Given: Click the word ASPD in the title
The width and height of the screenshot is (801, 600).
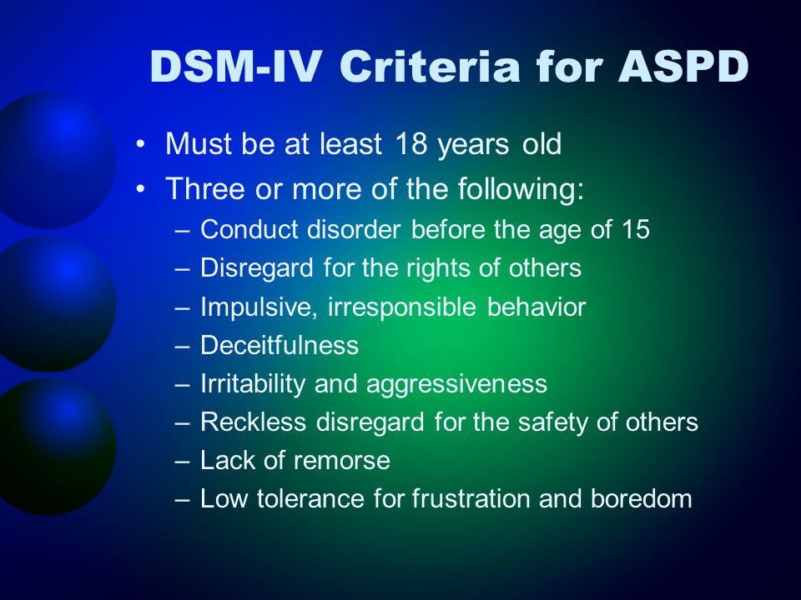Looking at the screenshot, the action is [x=683, y=67].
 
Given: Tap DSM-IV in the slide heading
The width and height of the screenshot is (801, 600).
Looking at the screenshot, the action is [x=236, y=67].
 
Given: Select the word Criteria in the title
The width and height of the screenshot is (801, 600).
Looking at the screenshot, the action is [x=430, y=67].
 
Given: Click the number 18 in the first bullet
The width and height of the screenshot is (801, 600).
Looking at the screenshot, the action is [x=411, y=144].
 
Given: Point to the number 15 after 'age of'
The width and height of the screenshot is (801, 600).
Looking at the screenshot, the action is [x=636, y=229].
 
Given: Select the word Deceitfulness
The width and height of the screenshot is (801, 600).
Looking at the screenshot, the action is [x=280, y=345].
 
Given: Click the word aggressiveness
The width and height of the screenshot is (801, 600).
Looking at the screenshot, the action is [x=456, y=384].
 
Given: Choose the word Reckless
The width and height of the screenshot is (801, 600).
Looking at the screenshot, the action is [x=254, y=422].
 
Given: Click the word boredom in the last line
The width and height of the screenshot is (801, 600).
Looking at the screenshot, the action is [x=642, y=498].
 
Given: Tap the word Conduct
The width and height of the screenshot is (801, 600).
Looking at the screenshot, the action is [x=249, y=229].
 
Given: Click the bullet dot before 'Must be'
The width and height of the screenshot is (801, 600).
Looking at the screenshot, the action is [x=141, y=144].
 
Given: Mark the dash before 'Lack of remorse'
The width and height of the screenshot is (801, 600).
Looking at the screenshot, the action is [x=183, y=461].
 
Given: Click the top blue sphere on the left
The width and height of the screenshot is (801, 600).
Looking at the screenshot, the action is [x=53, y=160].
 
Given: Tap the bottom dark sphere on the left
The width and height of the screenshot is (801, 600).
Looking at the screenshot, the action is [x=53, y=447].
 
